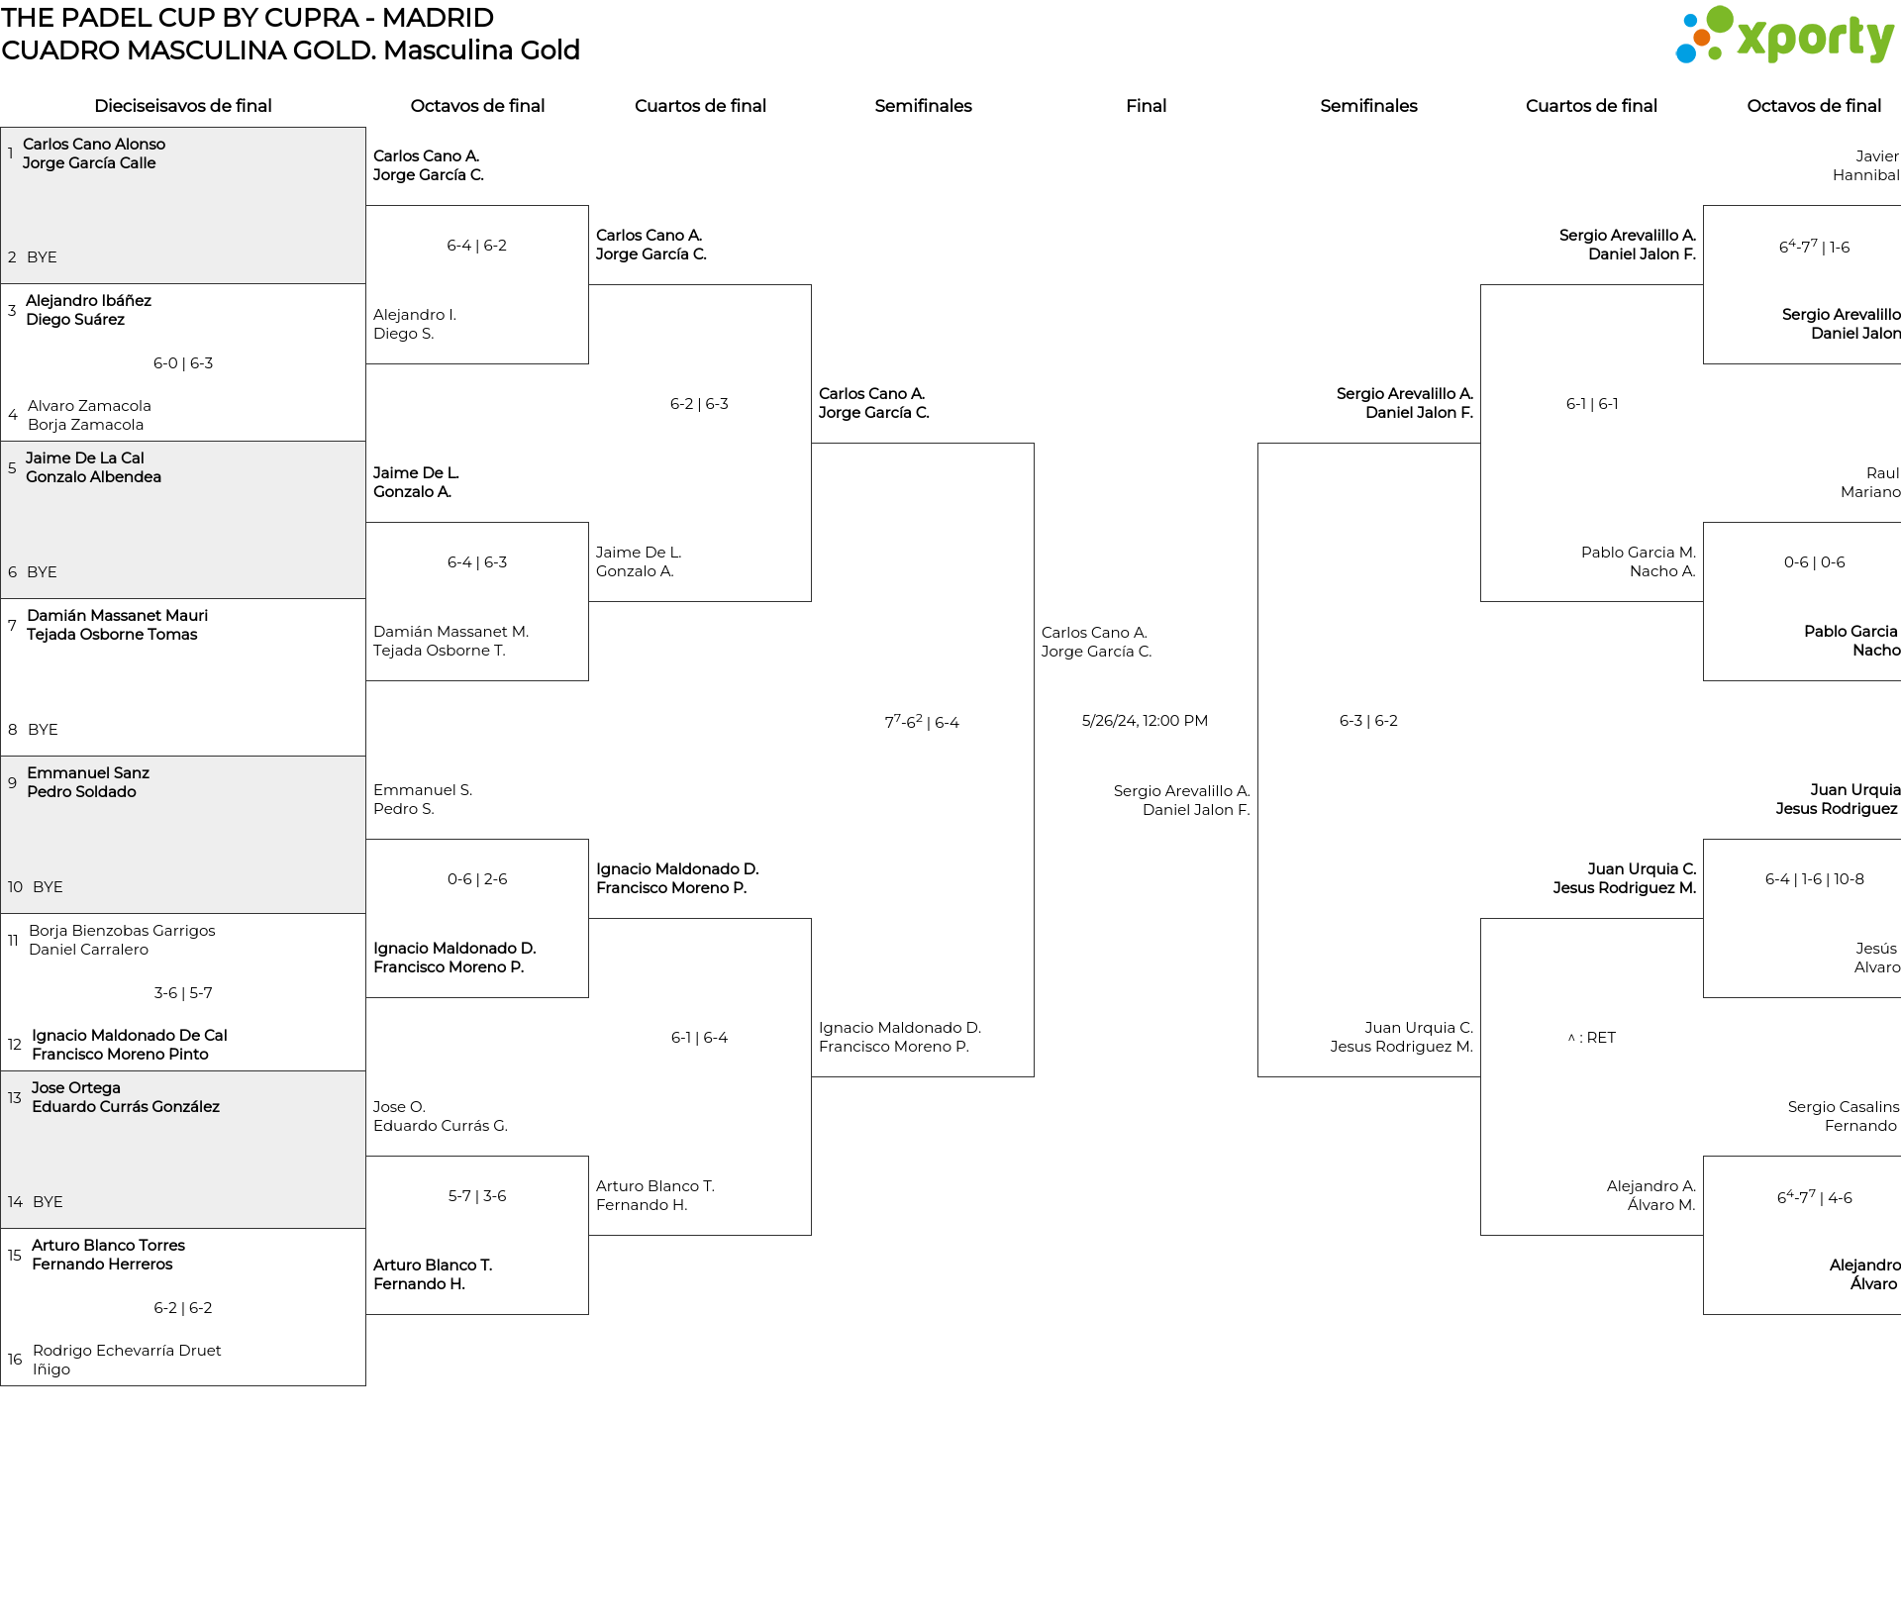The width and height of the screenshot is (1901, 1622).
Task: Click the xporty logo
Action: tap(1784, 36)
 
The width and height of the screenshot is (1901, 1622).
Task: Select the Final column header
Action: tap(1146, 106)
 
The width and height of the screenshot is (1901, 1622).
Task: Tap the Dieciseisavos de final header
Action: tap(183, 106)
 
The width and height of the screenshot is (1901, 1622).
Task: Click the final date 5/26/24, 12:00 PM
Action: tap(1145, 721)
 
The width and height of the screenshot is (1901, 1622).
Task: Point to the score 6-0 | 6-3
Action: tap(183, 363)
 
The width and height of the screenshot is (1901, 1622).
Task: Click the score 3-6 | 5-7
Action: tap(183, 993)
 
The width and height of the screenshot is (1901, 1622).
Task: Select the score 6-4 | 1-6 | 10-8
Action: tap(1814, 879)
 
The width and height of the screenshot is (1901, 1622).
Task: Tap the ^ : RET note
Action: tap(1591, 1038)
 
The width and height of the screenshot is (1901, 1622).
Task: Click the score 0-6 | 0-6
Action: tap(1814, 562)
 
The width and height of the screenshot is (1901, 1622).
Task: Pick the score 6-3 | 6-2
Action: tap(1368, 721)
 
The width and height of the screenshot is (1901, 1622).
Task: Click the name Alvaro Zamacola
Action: tap(89, 406)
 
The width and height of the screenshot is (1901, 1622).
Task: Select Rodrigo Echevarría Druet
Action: tap(127, 1351)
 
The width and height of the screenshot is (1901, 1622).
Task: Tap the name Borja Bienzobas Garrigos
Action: tap(122, 931)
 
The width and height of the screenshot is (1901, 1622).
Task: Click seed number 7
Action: tap(12, 625)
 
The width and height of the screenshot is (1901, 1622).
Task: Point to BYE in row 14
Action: tap(48, 1202)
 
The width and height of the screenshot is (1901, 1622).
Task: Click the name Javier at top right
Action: tap(1877, 156)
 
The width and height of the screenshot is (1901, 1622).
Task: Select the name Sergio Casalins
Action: tap(1844, 1107)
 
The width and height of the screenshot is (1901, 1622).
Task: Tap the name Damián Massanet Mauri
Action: tap(117, 616)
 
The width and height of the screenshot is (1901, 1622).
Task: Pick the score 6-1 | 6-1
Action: tap(1592, 404)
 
